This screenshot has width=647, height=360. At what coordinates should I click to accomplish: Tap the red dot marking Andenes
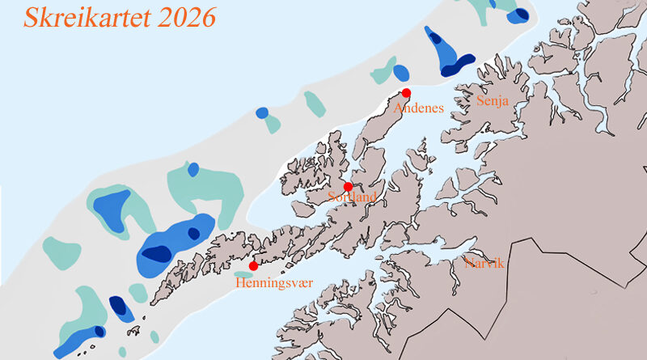(406, 92)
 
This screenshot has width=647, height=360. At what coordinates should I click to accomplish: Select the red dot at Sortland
(348, 187)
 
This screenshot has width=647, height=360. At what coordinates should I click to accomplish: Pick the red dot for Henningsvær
(253, 265)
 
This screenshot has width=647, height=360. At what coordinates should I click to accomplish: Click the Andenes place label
(418, 108)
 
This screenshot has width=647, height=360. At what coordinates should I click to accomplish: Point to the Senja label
(493, 102)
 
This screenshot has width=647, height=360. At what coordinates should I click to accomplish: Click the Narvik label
(484, 264)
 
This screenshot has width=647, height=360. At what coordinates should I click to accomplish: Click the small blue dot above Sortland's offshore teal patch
(193, 170)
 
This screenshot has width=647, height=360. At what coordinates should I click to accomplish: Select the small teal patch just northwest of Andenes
(385, 71)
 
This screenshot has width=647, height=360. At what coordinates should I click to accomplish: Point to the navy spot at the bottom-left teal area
(99, 331)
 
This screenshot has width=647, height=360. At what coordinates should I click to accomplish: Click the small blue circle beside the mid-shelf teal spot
(261, 112)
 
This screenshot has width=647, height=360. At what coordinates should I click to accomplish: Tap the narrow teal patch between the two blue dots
(315, 103)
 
